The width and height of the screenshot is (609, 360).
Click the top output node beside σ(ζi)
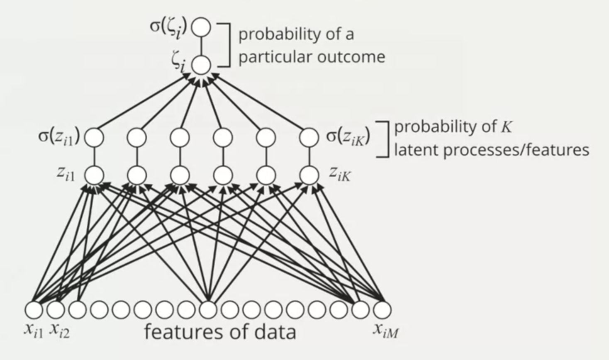click(x=202, y=27)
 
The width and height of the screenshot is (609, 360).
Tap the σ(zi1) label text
click(x=59, y=136)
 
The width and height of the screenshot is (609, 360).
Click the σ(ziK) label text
click(x=348, y=136)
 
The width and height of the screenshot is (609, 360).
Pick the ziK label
click(x=340, y=174)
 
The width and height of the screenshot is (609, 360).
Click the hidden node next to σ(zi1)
click(x=94, y=137)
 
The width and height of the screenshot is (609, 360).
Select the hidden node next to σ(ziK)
click(x=309, y=137)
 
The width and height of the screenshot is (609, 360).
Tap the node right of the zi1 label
click(x=94, y=175)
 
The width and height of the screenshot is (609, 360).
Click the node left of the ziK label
click(x=309, y=175)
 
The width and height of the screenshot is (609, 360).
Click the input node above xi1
click(x=34, y=309)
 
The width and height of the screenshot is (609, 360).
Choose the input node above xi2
click(x=55, y=309)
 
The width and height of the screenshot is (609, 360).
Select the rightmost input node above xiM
click(x=382, y=309)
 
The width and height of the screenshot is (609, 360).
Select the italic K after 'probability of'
click(x=506, y=126)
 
